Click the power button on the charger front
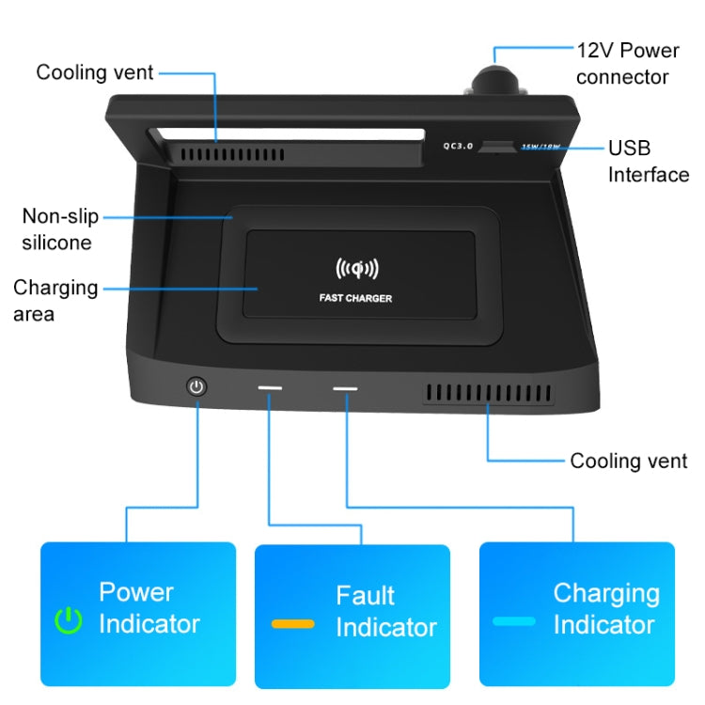tap(196, 385)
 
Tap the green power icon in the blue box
tap(68, 619)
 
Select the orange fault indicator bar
tap(292, 623)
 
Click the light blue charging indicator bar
tap(513, 621)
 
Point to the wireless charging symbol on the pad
tap(356, 270)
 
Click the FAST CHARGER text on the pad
tap(355, 299)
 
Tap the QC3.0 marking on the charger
tap(459, 146)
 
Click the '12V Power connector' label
tap(628, 61)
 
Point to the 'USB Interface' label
tap(648, 161)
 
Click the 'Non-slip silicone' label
tap(59, 229)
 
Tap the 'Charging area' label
tap(55, 300)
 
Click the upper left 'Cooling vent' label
tap(95, 72)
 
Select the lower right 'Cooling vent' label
tap(629, 461)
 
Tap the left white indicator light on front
tap(271, 387)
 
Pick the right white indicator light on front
tap(344, 388)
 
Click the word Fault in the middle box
tap(365, 596)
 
